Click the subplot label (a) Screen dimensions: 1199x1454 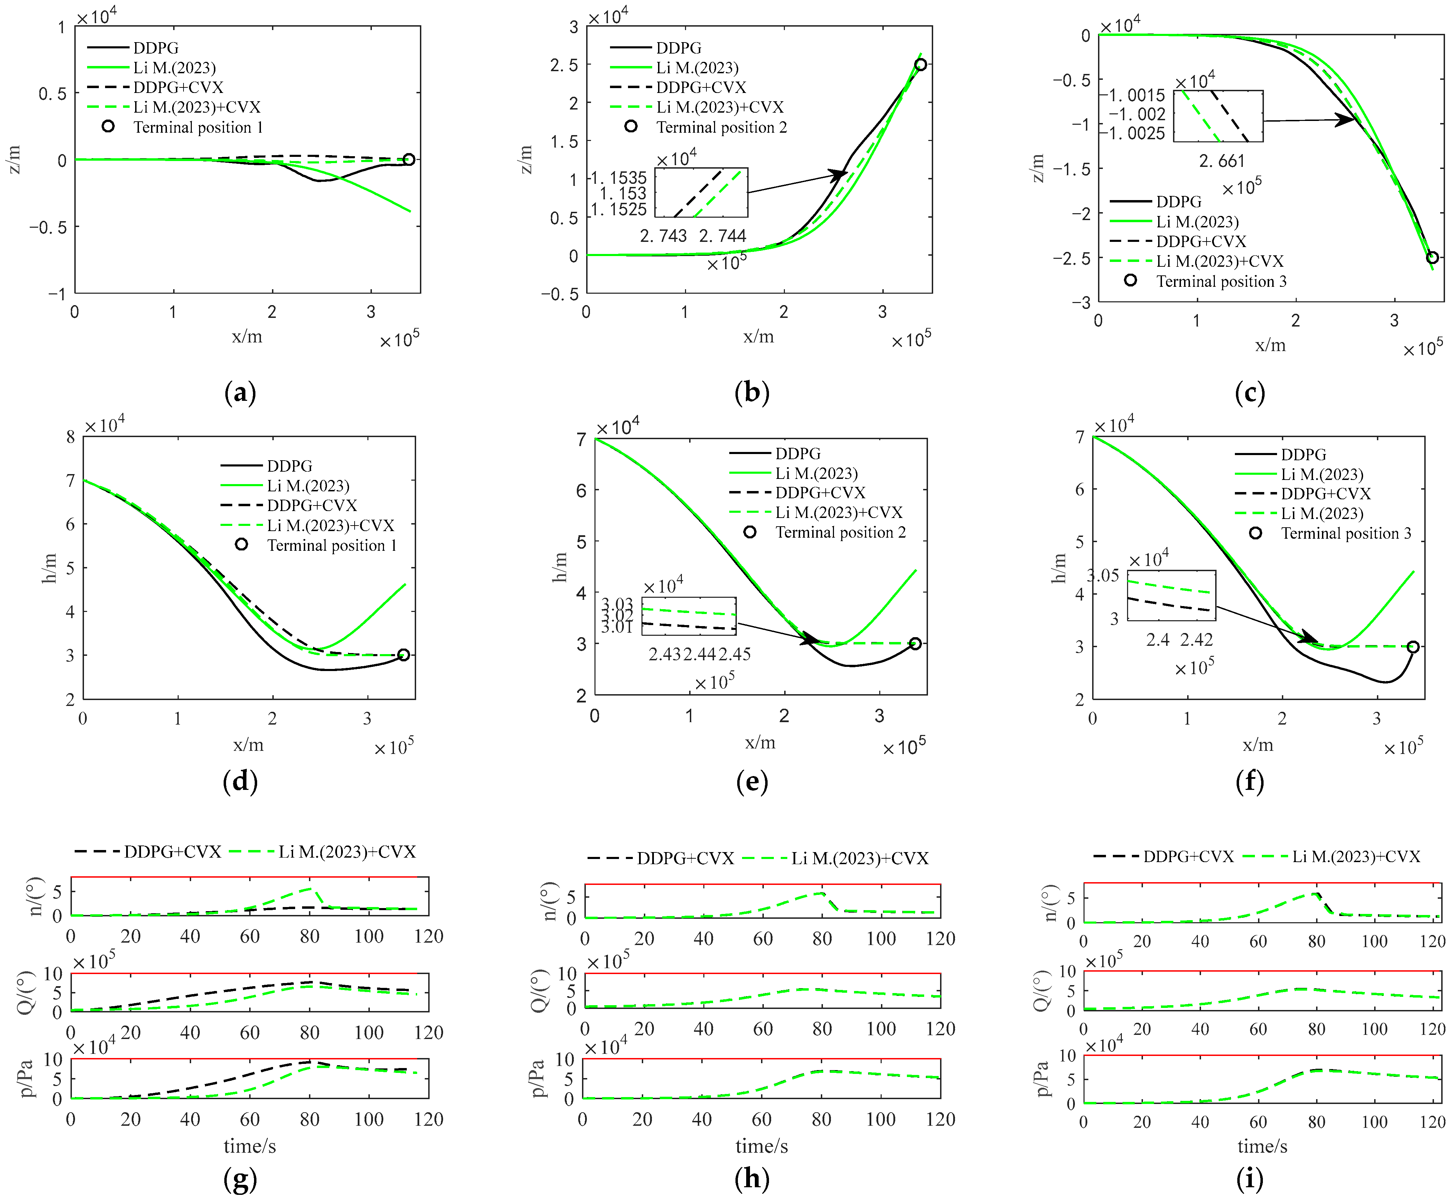click(241, 393)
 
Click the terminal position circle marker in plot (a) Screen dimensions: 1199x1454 click(409, 160)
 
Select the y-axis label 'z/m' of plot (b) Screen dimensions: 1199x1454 click(526, 160)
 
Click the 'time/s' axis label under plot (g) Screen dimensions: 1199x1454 click(249, 1146)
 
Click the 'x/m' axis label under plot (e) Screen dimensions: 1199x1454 click(760, 743)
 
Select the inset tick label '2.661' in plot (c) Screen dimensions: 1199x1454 click(1221, 161)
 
